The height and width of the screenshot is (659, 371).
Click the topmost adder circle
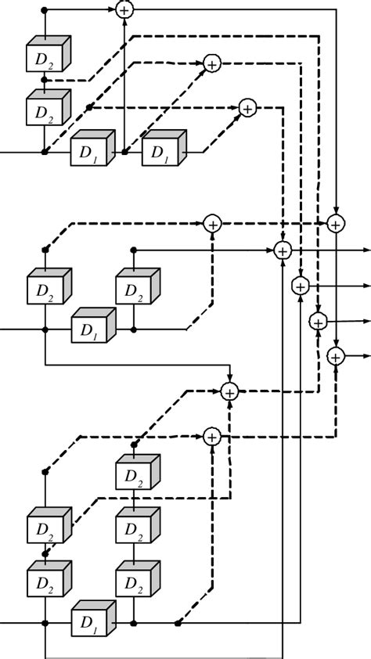pos(124,9)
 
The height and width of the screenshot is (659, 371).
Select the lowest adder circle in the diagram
pos(211,435)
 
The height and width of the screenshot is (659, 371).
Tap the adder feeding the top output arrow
pos(283,250)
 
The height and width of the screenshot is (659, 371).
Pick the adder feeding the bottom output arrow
pos(335,356)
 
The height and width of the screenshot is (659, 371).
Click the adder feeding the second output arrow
pos(300,286)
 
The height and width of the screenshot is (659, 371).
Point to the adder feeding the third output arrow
pos(317,321)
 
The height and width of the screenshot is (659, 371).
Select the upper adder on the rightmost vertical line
pos(335,223)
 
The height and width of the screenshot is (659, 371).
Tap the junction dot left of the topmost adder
pos(45,9)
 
